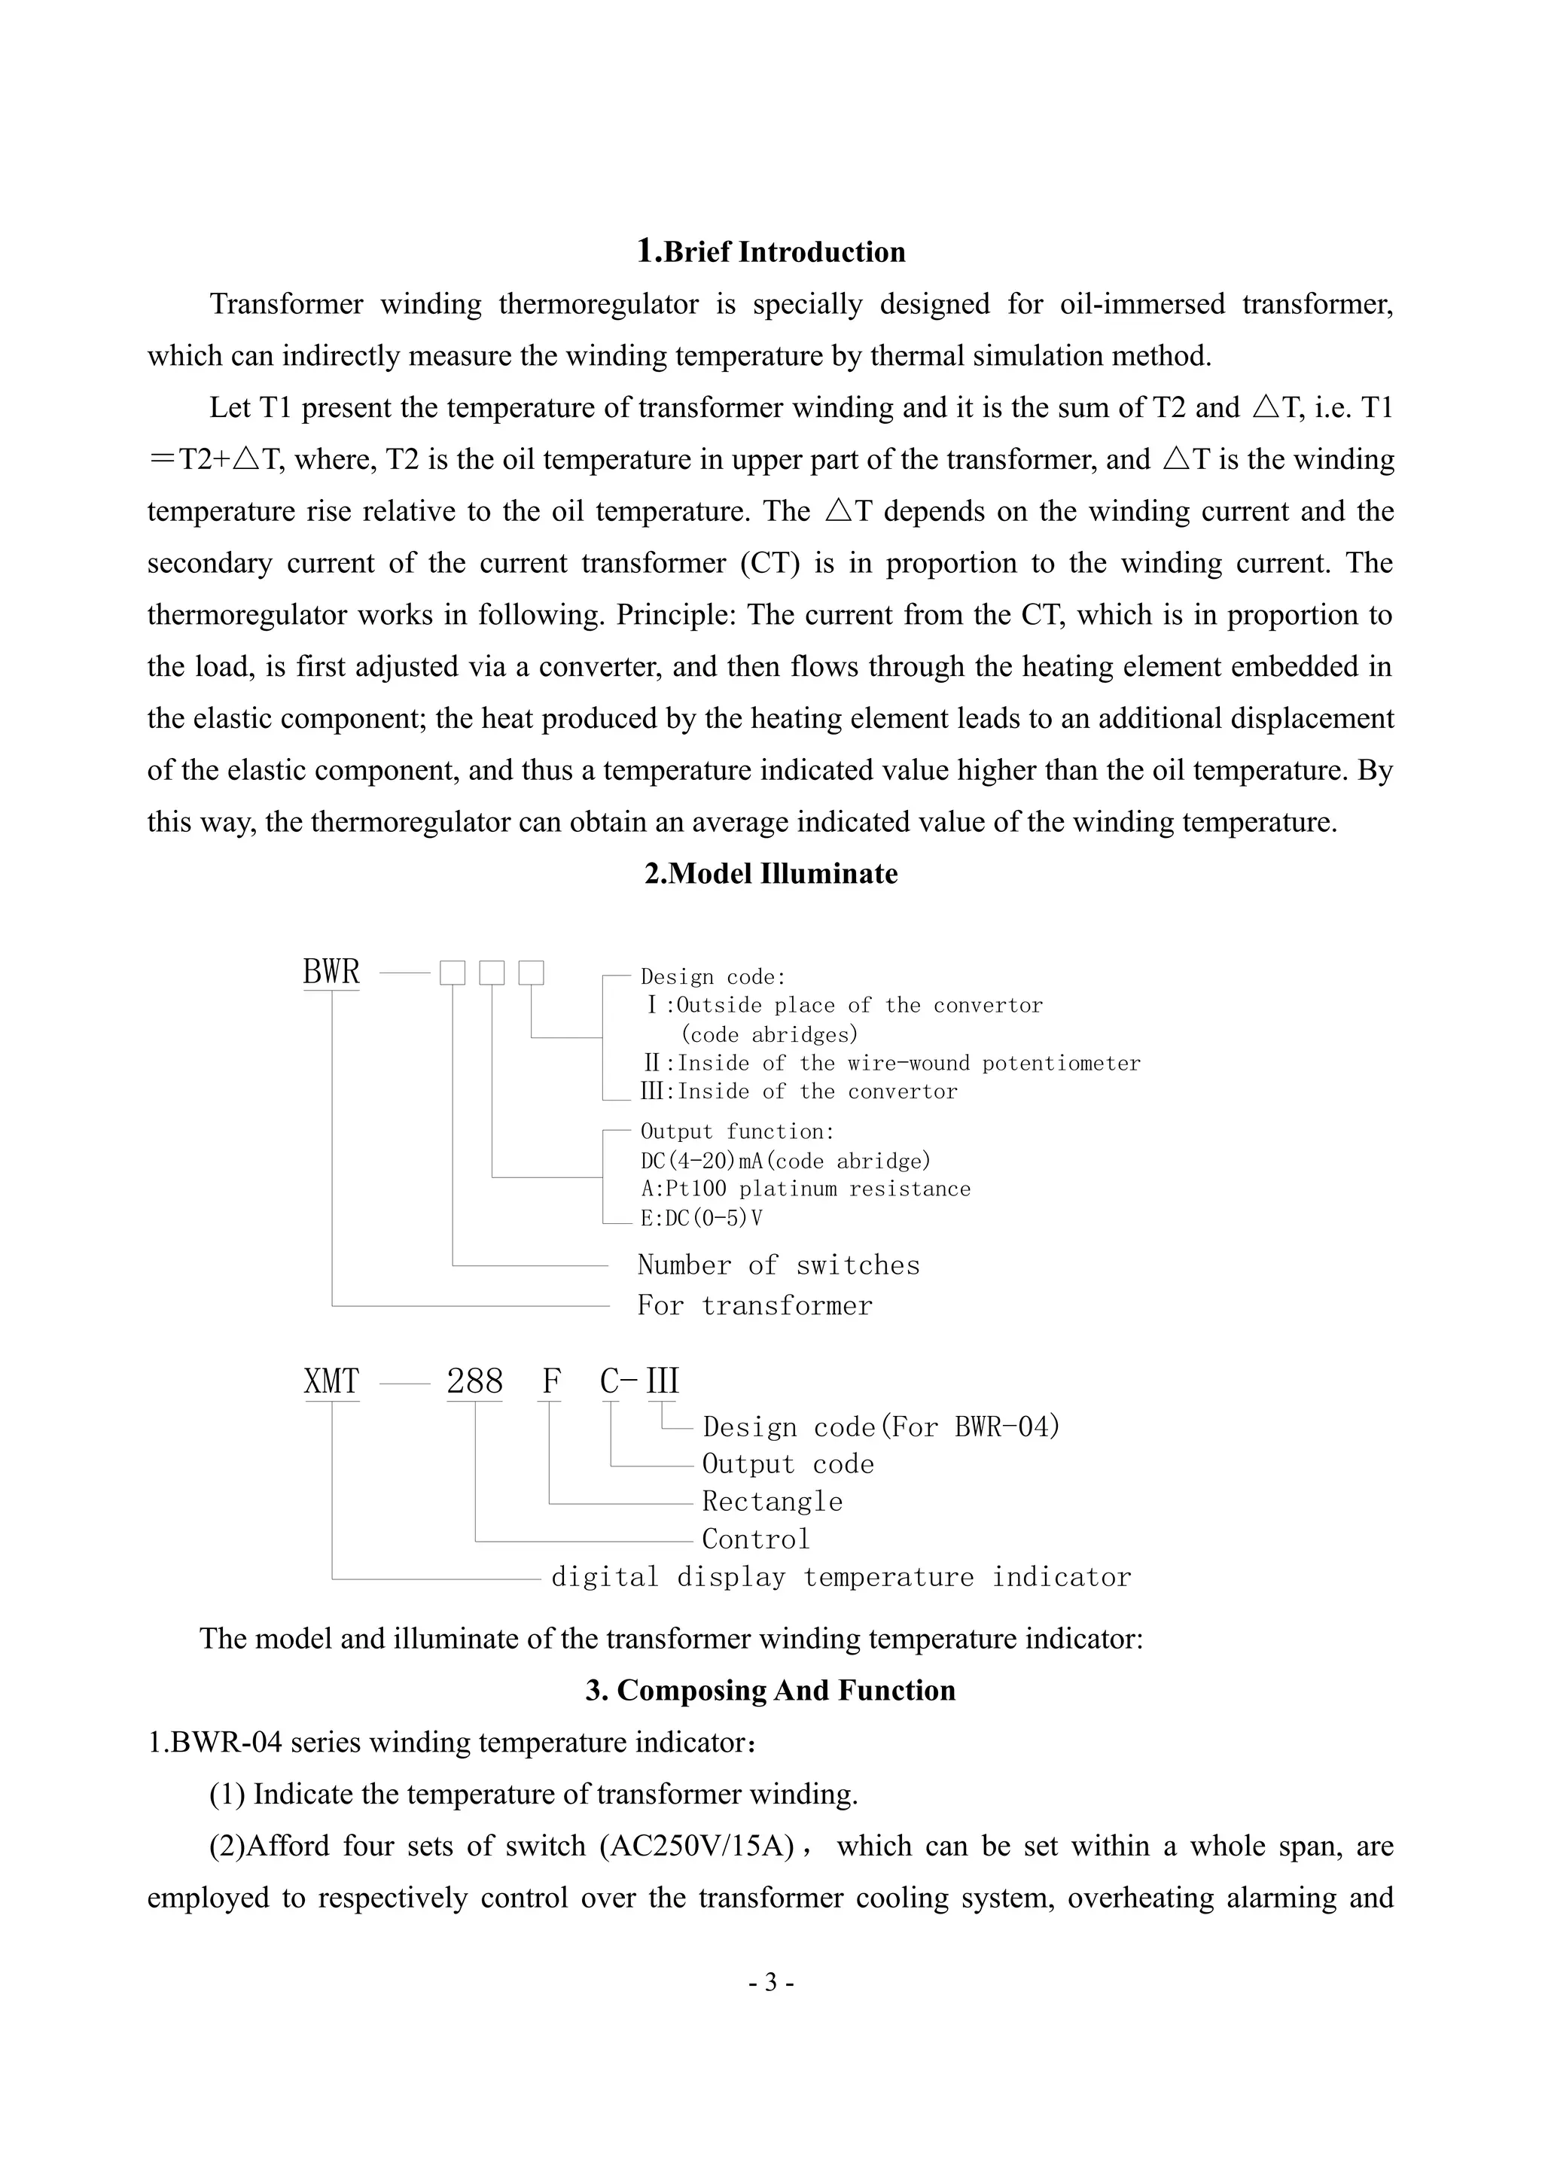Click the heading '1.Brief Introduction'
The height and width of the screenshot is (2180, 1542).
[770, 251]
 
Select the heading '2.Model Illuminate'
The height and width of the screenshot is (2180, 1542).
[770, 873]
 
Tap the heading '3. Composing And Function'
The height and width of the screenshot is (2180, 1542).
[770, 1690]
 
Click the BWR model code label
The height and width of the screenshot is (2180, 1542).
[331, 973]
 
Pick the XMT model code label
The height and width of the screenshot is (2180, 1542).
[331, 1381]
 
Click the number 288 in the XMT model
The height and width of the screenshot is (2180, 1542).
[475, 1381]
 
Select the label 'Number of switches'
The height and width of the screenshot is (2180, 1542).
[779, 1265]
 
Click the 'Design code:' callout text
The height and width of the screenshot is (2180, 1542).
[713, 977]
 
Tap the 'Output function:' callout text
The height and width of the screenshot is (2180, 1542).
[738, 1131]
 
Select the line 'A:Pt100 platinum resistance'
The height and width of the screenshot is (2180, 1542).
[805, 1189]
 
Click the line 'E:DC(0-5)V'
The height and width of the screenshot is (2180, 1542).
[701, 1217]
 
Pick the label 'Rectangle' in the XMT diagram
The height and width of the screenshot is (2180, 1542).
[772, 1501]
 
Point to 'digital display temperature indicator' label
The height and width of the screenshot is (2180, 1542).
[841, 1577]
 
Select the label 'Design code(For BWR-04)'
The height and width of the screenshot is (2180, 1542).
[880, 1427]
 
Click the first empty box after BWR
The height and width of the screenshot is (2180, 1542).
[452, 973]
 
